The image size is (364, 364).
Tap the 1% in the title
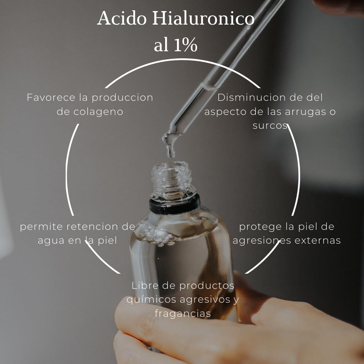click(185, 46)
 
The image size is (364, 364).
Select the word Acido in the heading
click(122, 19)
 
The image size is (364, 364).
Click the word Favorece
click(50, 98)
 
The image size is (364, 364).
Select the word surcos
click(270, 126)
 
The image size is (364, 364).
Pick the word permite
click(41, 227)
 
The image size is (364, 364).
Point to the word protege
click(261, 227)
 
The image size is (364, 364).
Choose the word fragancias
click(183, 314)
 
